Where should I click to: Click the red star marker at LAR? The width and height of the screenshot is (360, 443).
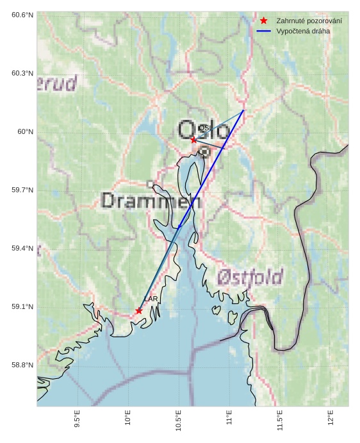[x=139, y=311]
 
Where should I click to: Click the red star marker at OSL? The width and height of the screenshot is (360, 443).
[x=193, y=140]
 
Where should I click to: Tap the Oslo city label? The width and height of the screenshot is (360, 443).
[x=203, y=131]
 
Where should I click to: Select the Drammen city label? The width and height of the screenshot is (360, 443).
[x=151, y=201]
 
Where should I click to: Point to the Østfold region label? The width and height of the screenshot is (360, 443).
[x=250, y=277]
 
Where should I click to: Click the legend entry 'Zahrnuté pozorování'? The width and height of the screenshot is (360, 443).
[x=309, y=21]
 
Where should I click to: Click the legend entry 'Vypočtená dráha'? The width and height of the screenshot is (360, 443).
[x=303, y=31]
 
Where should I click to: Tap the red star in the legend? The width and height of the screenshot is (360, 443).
[x=264, y=21]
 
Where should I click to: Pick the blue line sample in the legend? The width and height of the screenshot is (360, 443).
[x=264, y=31]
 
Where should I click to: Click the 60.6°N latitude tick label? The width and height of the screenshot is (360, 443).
[x=22, y=15]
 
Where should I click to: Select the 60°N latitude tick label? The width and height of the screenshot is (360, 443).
[x=26, y=132]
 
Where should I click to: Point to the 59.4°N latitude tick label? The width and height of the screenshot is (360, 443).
[x=22, y=249]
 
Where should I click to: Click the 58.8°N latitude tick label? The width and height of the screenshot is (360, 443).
[x=22, y=365]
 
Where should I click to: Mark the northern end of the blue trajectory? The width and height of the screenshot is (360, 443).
[x=243, y=111]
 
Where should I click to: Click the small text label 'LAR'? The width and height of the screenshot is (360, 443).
[x=151, y=299]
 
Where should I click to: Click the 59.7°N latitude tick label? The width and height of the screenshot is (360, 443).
[x=22, y=190]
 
